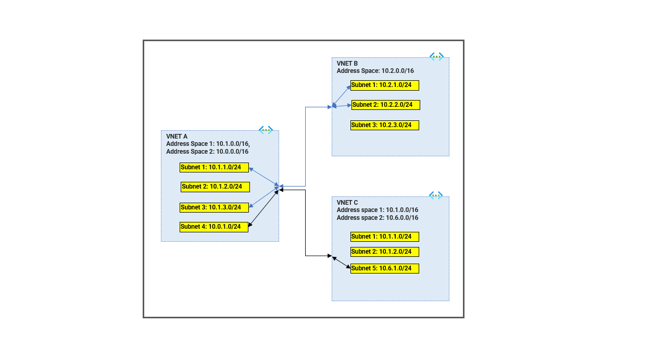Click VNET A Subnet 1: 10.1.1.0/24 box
214,167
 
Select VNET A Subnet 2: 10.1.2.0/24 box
215,187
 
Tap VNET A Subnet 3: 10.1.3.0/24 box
214,207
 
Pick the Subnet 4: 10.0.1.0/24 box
214,227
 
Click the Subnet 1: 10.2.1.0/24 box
384,85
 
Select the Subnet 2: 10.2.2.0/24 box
385,105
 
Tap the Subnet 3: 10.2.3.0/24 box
384,125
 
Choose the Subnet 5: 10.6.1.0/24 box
384,268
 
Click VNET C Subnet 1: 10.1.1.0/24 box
384,237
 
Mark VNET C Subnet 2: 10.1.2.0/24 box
384,252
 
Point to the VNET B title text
347,64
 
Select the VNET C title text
347,203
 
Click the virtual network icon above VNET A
266,130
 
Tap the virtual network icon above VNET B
436,56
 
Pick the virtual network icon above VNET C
436,195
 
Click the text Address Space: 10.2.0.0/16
375,71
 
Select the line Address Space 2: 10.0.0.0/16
207,152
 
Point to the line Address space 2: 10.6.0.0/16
377,218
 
